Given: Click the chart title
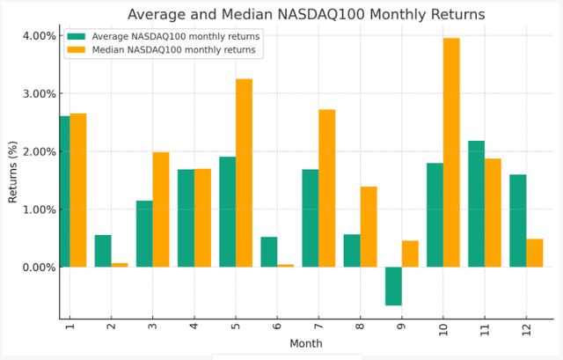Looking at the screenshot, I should pos(305,14).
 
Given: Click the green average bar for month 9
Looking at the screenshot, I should pos(393,286).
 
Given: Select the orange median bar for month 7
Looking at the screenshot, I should pos(326,188).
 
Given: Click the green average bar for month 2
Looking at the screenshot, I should pos(103,251).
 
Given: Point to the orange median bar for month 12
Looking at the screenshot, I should pos(534,253).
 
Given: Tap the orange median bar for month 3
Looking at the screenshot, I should pos(161,209).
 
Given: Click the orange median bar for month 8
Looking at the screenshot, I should pos(369,227).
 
